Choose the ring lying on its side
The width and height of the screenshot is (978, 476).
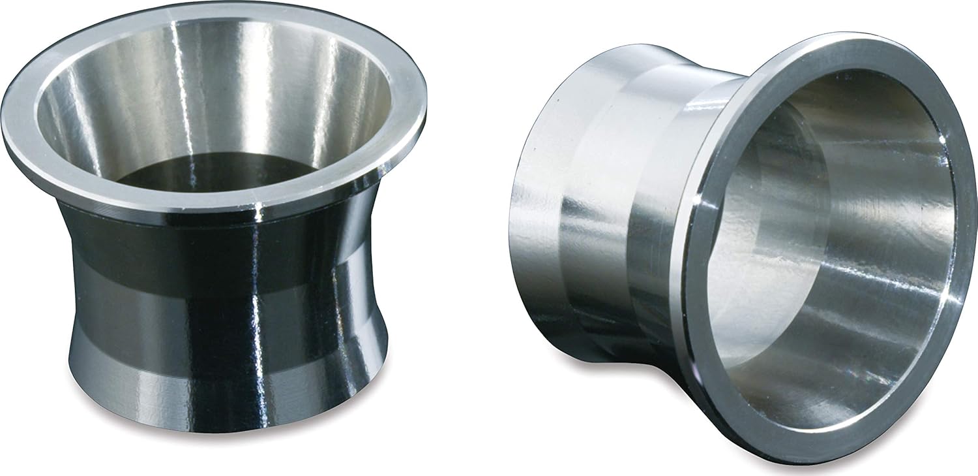point(737,242)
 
